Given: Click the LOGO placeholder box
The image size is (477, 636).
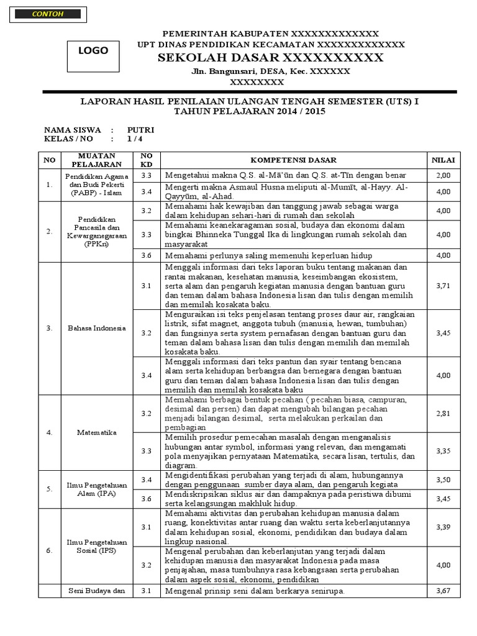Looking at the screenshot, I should [x=93, y=51].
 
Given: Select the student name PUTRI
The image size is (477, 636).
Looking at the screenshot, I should [x=140, y=130].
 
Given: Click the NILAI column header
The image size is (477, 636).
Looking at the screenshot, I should [x=443, y=160].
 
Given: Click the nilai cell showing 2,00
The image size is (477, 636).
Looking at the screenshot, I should [x=443, y=176].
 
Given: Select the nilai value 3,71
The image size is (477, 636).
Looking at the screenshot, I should [x=443, y=285].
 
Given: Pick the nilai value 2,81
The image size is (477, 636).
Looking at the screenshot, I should [x=443, y=413].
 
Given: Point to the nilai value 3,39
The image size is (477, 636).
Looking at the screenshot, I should [x=443, y=527].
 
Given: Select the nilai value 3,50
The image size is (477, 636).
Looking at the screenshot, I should [x=443, y=480].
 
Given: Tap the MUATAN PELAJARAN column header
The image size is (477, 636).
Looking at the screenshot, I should [x=96, y=160].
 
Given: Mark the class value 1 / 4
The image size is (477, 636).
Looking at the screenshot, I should [x=134, y=139].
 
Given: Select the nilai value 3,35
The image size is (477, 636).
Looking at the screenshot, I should [x=443, y=452].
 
